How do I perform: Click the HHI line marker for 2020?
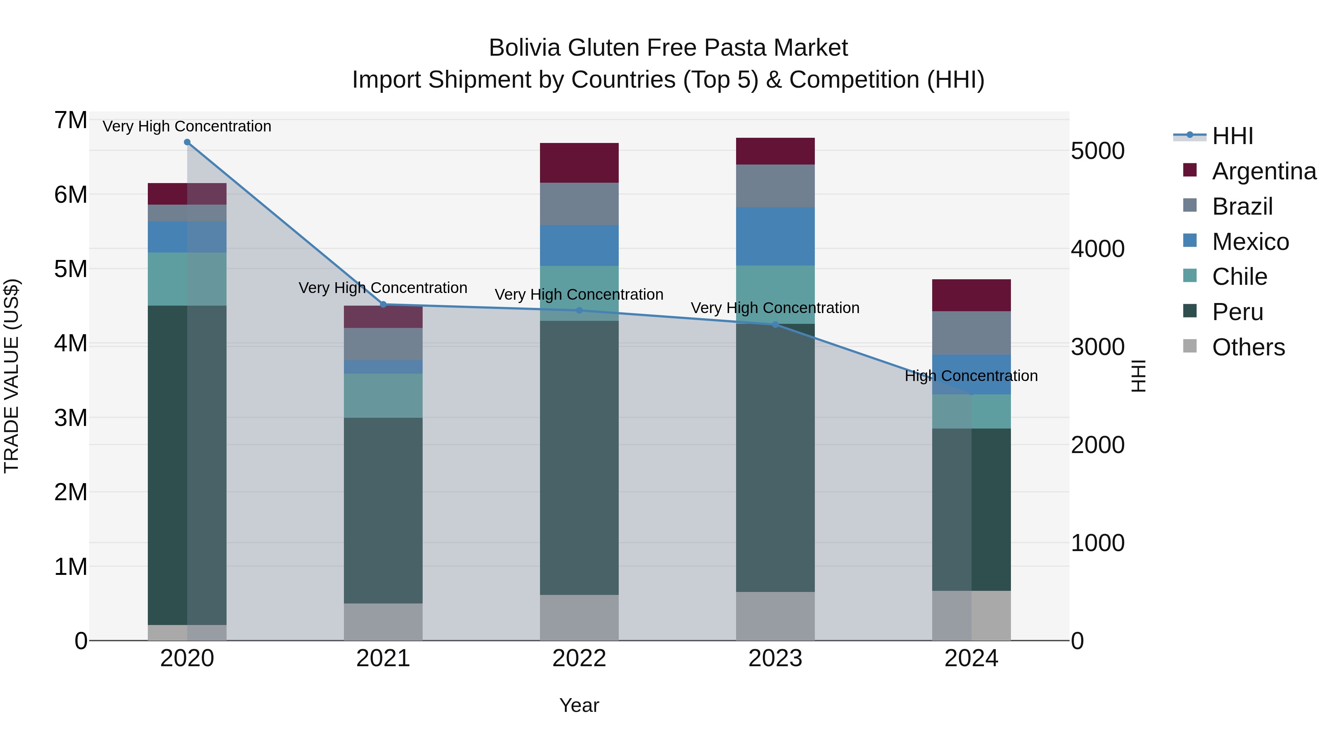tap(188, 142)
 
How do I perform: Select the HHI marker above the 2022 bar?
tap(579, 310)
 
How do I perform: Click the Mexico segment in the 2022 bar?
tap(579, 245)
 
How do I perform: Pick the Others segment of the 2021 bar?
tap(383, 622)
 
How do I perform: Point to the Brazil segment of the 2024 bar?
tap(971, 333)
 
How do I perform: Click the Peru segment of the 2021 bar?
tap(383, 510)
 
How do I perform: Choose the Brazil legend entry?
tap(1242, 206)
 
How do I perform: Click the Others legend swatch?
tap(1190, 346)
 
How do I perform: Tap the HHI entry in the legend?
tap(1232, 136)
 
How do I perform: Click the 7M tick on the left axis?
tap(71, 120)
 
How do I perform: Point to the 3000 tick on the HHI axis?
tap(1097, 347)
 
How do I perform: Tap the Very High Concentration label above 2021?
tap(383, 287)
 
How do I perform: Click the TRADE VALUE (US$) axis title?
tap(12, 376)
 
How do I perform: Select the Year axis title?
tap(579, 705)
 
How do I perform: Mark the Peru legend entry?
tap(1237, 312)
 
